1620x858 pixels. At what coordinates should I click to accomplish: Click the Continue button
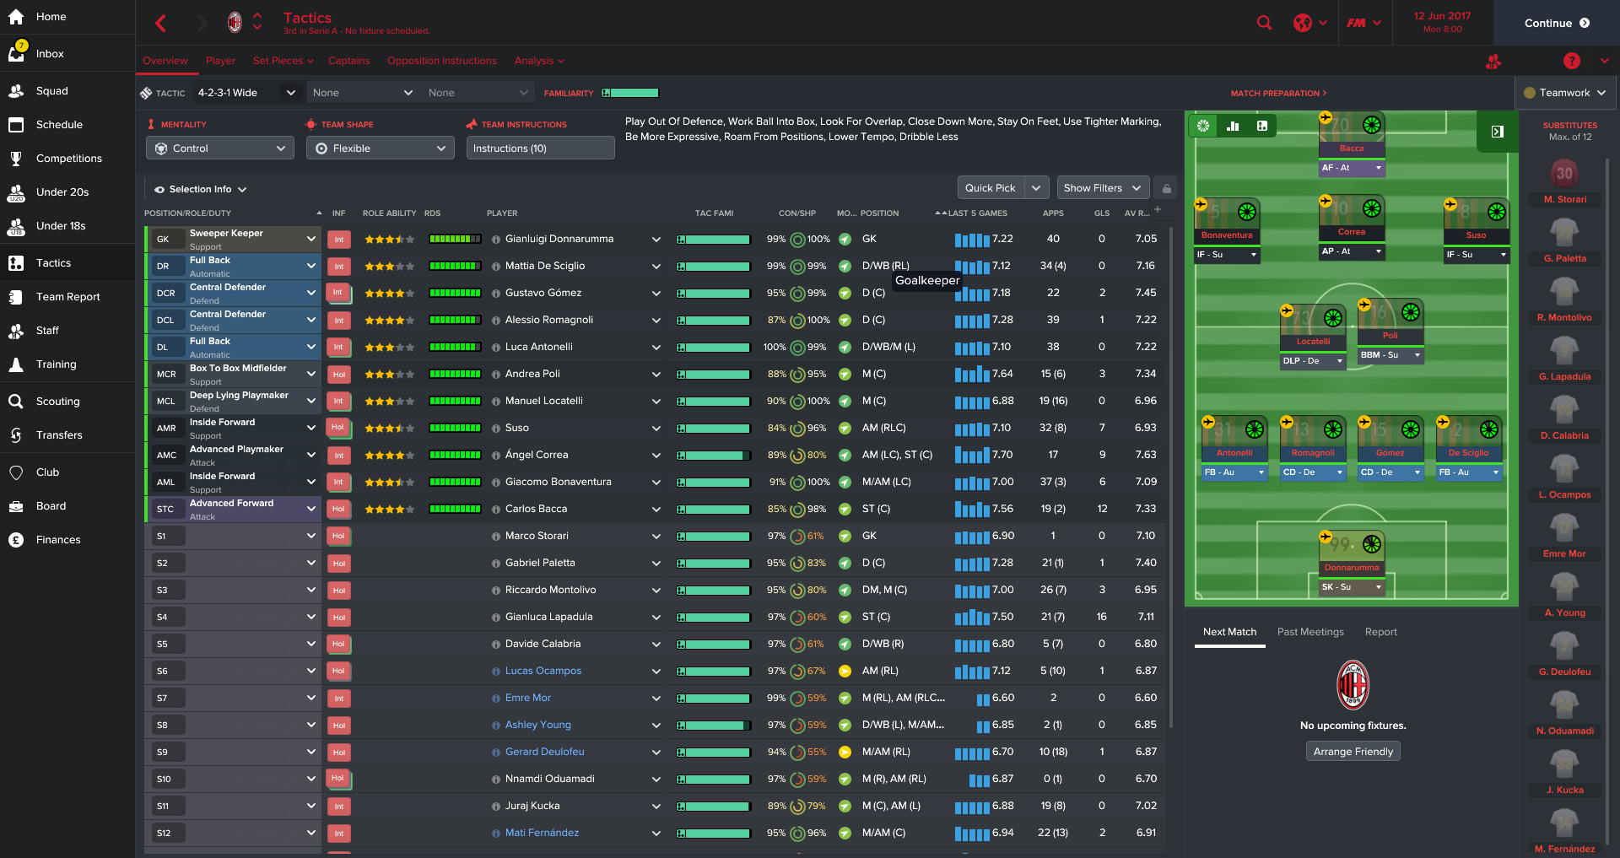[1556, 23]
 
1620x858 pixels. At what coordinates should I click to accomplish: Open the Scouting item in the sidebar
[57, 402]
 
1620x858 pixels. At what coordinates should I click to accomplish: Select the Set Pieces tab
[283, 61]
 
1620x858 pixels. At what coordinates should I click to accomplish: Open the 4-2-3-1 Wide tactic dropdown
[246, 93]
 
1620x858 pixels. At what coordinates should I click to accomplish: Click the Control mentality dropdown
[220, 148]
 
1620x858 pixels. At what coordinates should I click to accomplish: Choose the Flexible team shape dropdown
[380, 148]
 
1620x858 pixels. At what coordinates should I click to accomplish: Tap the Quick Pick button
[991, 188]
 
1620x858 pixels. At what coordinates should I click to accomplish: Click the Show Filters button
[1101, 188]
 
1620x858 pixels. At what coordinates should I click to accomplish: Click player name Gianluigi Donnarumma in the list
[559, 240]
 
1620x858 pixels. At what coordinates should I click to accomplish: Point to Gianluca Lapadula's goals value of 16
[1101, 618]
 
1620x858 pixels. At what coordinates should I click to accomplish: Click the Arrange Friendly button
[1353, 752]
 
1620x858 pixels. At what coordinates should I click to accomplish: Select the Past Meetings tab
[1309, 632]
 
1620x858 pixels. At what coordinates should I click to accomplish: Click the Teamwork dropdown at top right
[1564, 93]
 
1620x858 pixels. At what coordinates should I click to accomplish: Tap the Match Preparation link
[1277, 94]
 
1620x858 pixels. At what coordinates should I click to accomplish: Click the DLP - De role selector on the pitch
[1312, 361]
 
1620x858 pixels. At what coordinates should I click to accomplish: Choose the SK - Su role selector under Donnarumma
[1352, 587]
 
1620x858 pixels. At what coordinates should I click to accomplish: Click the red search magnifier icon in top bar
[1264, 23]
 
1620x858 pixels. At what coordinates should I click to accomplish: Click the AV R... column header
[1136, 213]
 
